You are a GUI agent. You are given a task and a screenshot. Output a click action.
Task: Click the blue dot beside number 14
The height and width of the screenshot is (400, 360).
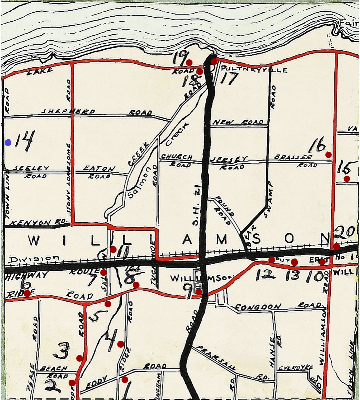coord(8,143)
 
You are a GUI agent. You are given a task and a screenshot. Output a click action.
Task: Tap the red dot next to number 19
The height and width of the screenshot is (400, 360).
coord(189,62)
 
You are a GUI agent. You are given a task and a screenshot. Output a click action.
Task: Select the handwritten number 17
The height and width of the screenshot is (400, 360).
coord(229,79)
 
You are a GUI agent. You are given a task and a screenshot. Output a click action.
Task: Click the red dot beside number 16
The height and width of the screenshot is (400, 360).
coord(328,154)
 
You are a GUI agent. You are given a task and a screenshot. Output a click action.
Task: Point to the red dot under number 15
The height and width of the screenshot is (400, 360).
coord(347,179)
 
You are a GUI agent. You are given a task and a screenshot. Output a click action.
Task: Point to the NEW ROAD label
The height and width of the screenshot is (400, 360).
coord(238,122)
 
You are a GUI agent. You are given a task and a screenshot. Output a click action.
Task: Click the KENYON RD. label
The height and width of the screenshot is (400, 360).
coord(36,222)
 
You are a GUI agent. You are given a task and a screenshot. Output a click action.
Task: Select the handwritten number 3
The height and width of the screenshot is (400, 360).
coord(62,351)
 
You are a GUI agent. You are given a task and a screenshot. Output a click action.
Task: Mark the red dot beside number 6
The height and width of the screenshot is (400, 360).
coord(27,293)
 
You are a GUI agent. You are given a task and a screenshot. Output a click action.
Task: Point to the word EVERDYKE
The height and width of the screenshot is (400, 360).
coord(296,368)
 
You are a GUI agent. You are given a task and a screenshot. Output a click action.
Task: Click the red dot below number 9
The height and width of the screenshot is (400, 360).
coord(199,292)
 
